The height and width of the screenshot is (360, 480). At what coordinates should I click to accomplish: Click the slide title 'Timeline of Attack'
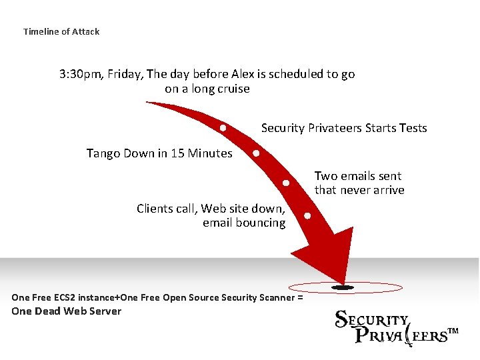[x=61, y=31]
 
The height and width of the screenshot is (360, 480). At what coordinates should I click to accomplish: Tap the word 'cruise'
[x=231, y=89]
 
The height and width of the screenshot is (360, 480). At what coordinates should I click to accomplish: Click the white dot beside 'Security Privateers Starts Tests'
[x=223, y=127]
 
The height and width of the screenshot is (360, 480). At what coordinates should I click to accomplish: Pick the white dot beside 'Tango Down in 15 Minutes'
[x=256, y=153]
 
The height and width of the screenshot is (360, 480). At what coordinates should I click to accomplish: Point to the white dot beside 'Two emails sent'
[x=286, y=182]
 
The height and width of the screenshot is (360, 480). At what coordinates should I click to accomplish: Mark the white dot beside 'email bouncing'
[x=307, y=215]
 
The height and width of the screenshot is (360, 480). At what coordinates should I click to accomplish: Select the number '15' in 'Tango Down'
[x=177, y=153]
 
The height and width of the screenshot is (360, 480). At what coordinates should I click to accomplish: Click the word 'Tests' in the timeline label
[x=412, y=128]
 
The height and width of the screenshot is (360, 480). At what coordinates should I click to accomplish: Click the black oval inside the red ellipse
[x=344, y=288]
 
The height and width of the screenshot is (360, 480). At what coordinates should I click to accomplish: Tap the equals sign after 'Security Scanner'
[x=300, y=297]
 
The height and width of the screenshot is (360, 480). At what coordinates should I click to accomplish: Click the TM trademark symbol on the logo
[x=453, y=331]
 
